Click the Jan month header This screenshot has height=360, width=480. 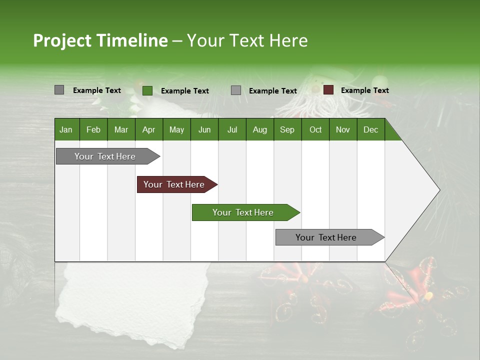point(66,129)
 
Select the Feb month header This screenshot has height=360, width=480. point(93,129)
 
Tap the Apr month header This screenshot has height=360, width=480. point(148,129)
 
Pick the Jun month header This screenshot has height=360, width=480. point(204,129)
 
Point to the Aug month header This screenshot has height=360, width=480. point(259,129)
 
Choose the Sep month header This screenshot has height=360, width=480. point(287,129)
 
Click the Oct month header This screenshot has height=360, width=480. point(315,129)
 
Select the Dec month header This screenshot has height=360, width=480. point(370,129)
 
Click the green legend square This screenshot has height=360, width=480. point(147,90)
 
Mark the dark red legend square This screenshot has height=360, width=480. point(328,90)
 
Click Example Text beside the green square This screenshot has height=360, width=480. point(184,91)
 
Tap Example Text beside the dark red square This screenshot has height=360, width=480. point(364,90)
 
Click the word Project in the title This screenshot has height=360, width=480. point(62,40)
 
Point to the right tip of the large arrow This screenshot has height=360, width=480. point(438,190)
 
